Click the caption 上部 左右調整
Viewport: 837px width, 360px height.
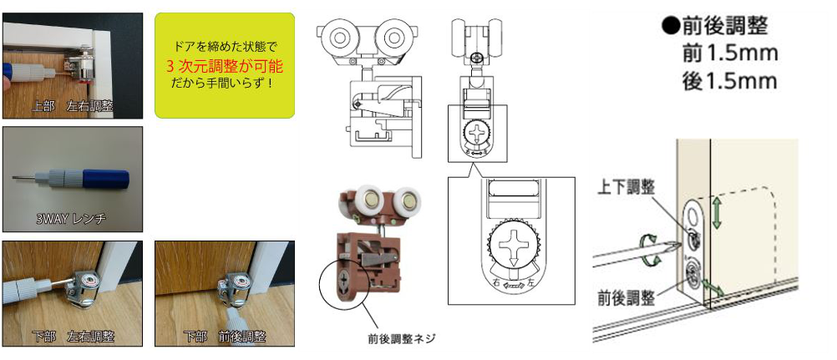[72, 106]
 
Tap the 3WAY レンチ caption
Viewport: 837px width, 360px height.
[72, 218]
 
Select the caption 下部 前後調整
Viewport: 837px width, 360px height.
[224, 337]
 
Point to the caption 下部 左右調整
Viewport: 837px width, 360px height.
[73, 337]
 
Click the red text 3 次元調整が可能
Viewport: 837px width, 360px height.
[224, 67]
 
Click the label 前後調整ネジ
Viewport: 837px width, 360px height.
[402, 338]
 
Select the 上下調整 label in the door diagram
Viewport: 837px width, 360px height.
[626, 187]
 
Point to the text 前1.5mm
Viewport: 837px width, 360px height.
[729, 54]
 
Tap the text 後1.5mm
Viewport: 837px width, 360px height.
[729, 82]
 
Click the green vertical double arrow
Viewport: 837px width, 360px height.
[716, 212]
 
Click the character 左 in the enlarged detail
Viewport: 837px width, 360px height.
[530, 284]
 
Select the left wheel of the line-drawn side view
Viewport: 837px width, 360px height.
[339, 38]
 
